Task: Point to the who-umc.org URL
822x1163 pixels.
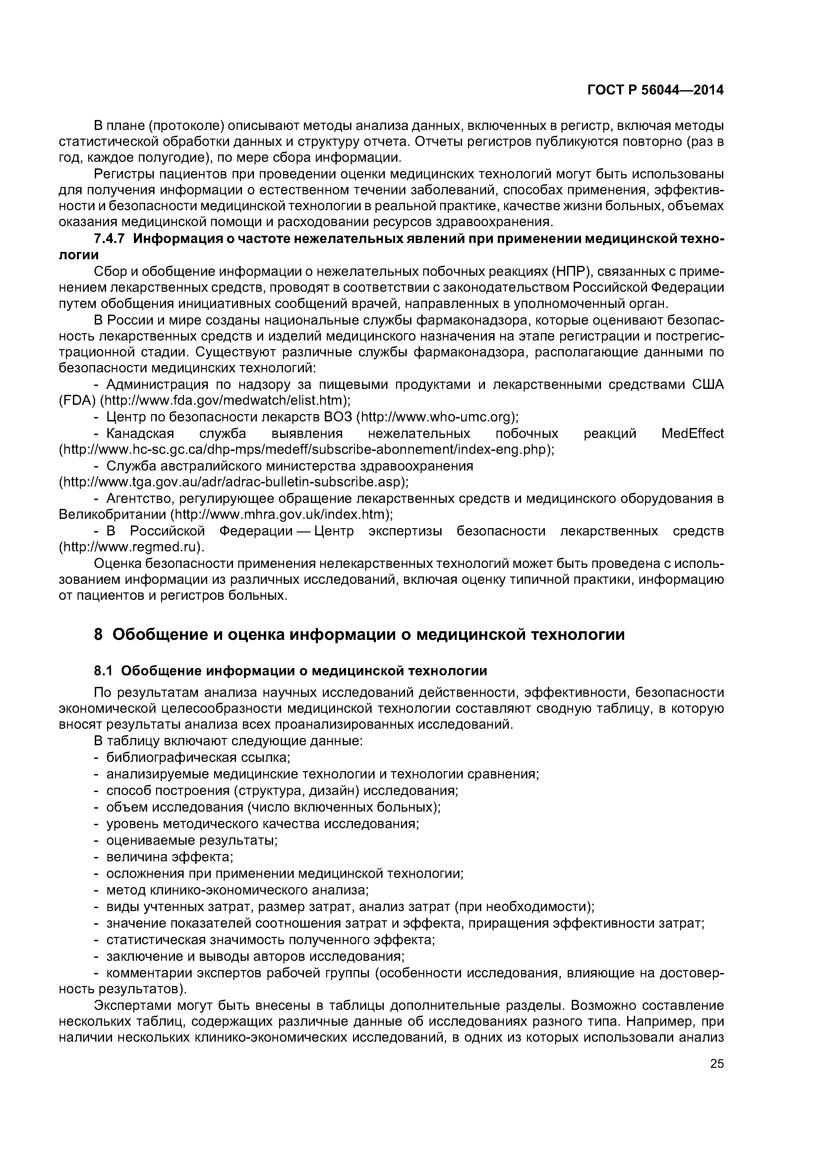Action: coord(438,417)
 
